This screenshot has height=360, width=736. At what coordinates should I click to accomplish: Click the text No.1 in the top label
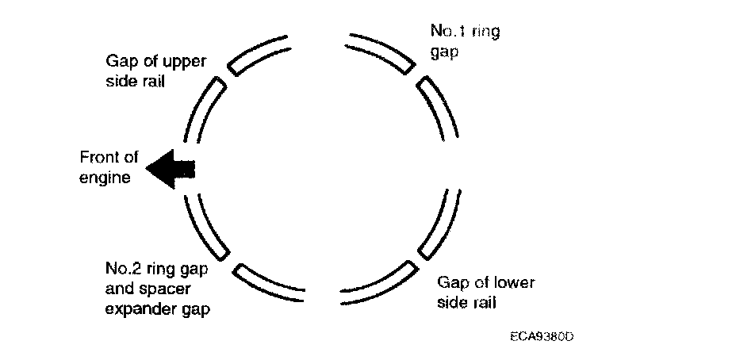pyautogui.click(x=447, y=32)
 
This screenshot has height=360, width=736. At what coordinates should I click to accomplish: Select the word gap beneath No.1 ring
pyautogui.click(x=443, y=55)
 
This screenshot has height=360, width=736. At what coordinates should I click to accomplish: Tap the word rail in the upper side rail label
pyautogui.click(x=151, y=81)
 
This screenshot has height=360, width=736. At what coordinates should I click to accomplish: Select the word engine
pyautogui.click(x=104, y=178)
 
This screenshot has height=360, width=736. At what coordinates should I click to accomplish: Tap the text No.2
pyautogui.click(x=121, y=267)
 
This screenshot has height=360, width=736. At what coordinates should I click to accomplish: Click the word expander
pyautogui.click(x=140, y=309)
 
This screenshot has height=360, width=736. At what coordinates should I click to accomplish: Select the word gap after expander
pyautogui.click(x=196, y=309)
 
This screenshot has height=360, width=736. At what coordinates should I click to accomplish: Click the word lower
pyautogui.click(x=514, y=282)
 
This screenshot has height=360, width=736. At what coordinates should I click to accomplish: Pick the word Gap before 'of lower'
pyautogui.click(x=453, y=282)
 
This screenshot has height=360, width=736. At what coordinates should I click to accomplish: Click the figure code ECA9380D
pyautogui.click(x=542, y=336)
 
